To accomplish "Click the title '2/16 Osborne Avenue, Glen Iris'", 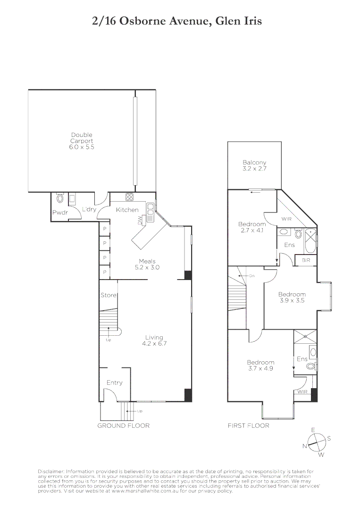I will (177, 21).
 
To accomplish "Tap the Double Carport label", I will (82, 141).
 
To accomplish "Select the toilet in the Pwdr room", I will (60, 198).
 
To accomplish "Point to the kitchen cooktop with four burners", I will (129, 197).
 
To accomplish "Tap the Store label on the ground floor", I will (108, 296).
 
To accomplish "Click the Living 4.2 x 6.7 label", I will (154, 340).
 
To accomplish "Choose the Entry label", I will (114, 382).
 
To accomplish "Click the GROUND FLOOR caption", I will (123, 425).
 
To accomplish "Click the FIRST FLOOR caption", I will (248, 425).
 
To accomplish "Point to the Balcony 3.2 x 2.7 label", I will (254, 165).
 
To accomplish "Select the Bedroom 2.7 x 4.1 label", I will (251, 227).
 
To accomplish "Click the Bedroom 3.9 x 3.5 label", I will (292, 297).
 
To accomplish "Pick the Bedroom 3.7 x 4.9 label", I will (260, 365).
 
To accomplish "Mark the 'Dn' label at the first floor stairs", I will (252, 276).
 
